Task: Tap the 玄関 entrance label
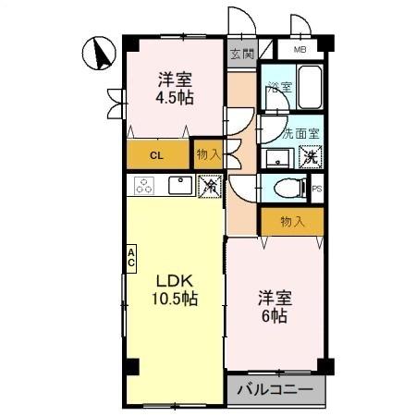pos(242,53)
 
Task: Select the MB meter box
pos(300,50)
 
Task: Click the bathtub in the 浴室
pos(306,87)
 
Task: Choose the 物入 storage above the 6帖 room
pos(291,221)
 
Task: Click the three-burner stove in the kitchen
pos(144,186)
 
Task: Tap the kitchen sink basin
pos(179,186)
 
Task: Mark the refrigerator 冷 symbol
pos(210,186)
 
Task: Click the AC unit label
pos(131,256)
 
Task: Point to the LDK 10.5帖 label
pos(175,289)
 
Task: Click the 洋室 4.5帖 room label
pos(175,86)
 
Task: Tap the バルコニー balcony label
pos(275,389)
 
